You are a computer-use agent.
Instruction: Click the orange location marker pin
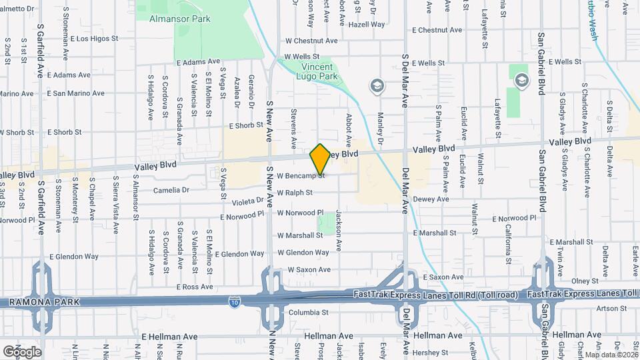pyautogui.click(x=320, y=159)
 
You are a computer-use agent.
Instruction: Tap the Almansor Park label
pyautogui.click(x=180, y=19)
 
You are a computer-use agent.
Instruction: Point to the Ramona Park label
pyautogui.click(x=44, y=302)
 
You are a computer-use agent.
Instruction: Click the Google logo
pyautogui.click(x=22, y=351)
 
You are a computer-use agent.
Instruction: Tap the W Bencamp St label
pyautogui.click(x=301, y=176)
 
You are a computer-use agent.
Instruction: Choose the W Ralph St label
pyautogui.click(x=294, y=193)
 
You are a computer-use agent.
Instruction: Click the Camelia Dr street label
pyautogui.click(x=171, y=190)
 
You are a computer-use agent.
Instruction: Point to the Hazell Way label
pyautogui.click(x=367, y=25)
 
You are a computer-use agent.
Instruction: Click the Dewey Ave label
pyautogui.click(x=431, y=199)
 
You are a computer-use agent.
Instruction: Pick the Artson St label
pyautogui.click(x=608, y=308)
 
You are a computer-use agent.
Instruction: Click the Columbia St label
pyautogui.click(x=308, y=312)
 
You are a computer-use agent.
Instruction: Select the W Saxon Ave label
pyautogui.click(x=309, y=270)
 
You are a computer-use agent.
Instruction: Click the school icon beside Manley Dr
pyautogui.click(x=377, y=85)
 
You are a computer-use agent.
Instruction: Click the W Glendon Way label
pyautogui.click(x=303, y=253)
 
